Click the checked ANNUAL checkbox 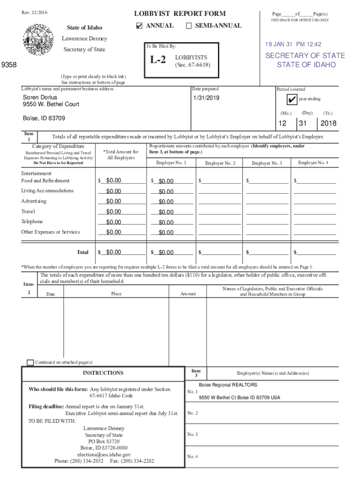tap(139, 26)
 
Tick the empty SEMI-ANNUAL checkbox tap(189, 26)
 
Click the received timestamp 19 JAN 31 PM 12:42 tap(293, 44)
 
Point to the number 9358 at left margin tap(9, 65)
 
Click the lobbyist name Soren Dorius tap(40, 97)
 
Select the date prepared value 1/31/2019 tap(206, 98)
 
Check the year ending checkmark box tap(292, 100)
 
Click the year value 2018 tap(328, 123)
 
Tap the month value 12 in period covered tap(282, 123)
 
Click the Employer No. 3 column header tap(266, 163)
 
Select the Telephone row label tap(32, 222)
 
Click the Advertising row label tap(34, 201)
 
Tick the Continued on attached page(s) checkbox tap(30, 363)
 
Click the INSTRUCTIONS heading tap(103, 373)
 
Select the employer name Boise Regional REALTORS tap(228, 385)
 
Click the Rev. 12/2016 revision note tap(34, 12)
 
